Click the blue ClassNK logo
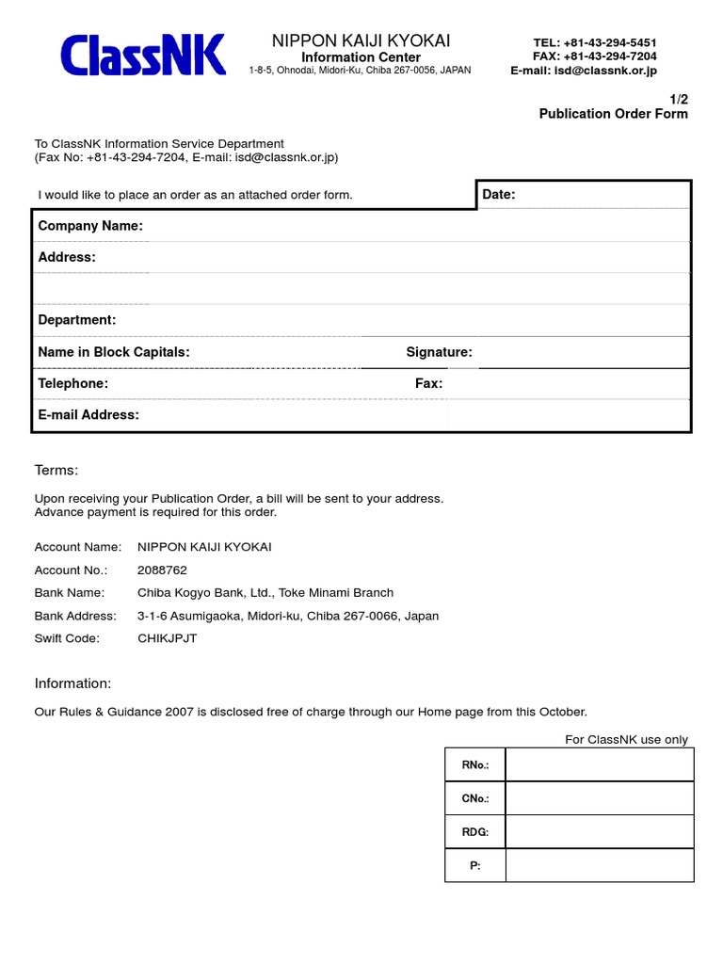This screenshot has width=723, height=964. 143,55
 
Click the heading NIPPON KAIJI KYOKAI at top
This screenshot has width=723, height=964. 361,40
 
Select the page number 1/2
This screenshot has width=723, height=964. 678,98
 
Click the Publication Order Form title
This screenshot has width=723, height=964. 613,114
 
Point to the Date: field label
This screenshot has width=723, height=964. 499,194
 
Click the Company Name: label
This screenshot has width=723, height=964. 90,226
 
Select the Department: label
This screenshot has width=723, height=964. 77,320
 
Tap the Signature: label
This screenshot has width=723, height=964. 439,352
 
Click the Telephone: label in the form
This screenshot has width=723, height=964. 72,383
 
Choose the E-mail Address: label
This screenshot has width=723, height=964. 88,415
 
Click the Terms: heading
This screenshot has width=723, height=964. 56,470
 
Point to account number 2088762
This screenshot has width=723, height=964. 162,570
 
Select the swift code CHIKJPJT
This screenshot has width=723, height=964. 168,637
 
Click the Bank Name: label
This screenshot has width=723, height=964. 70,592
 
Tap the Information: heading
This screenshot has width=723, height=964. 72,683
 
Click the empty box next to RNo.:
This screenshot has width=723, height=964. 599,765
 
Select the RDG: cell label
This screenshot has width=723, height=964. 474,832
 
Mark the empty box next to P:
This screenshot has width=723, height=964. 599,865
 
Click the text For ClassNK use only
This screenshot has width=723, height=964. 626,739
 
